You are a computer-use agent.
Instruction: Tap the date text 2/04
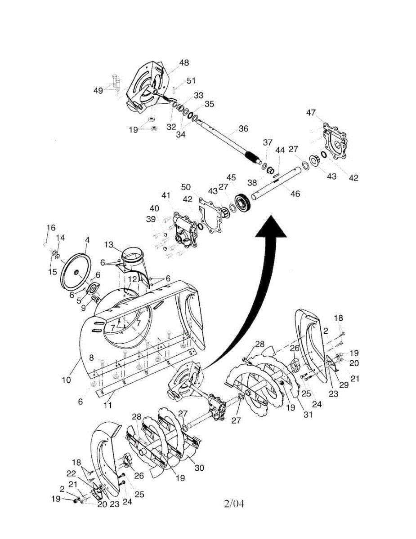coord(234,504)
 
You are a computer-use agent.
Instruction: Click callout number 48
coord(184,63)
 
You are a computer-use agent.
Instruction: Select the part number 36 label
coord(243,128)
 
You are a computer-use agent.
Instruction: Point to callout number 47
coord(311,112)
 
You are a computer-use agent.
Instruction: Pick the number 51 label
coord(191,81)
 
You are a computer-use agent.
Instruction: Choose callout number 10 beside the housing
coord(67,380)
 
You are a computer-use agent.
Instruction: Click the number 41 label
coord(166,195)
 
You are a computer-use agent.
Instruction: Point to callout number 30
coord(199,468)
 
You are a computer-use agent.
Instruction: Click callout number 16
coord(51,227)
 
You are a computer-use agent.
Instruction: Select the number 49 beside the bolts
coord(98,90)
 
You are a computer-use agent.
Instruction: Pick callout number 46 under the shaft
coord(295,194)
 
